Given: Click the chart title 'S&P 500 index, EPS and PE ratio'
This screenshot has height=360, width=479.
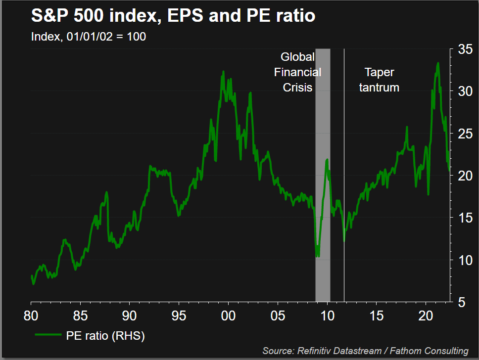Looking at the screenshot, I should point(173,16).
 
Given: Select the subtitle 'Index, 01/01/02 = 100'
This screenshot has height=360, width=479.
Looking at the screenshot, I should point(88,37).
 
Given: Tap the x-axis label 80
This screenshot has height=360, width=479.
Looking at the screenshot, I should point(31,315).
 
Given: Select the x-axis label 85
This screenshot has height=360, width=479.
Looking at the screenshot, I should point(80,315).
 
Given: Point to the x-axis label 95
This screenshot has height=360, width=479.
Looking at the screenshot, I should point(179,315).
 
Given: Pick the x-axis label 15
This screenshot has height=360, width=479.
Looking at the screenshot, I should point(377,315).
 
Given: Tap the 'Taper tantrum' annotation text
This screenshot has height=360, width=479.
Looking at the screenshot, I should point(379,80).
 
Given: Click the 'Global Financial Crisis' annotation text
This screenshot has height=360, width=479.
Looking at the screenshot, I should point(298,72).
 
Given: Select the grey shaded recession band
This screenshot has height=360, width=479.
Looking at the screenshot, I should point(323,198).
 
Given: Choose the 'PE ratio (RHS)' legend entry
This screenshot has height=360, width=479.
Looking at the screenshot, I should point(89,336).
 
